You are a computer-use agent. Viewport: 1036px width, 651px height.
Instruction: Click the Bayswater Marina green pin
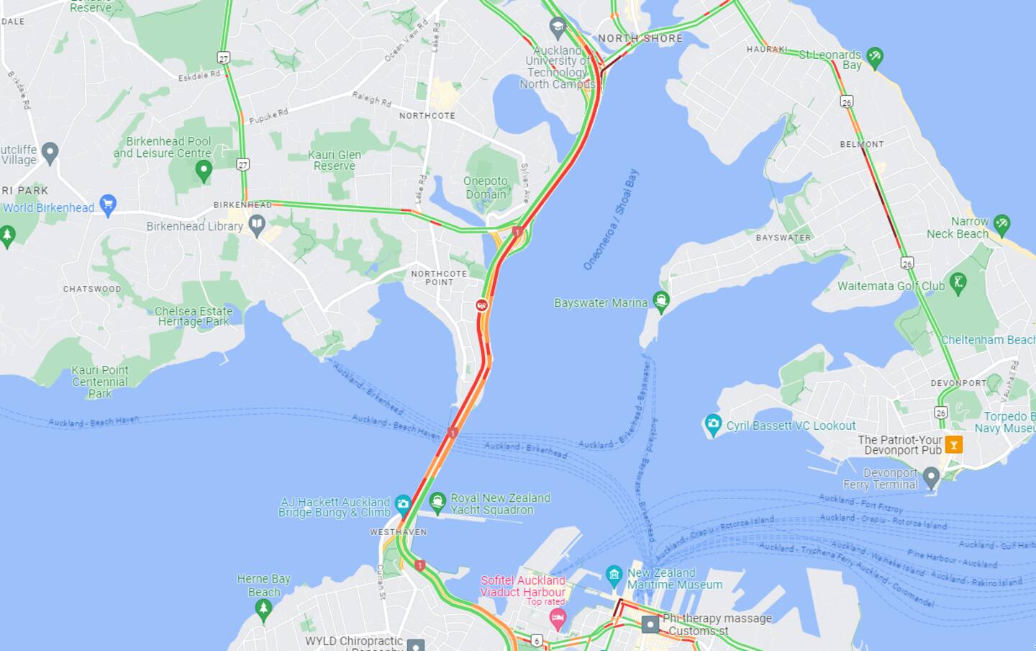tap(661, 300)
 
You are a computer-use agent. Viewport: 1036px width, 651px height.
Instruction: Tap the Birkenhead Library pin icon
tap(257, 225)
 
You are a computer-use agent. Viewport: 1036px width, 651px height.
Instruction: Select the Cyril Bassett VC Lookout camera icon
tap(712, 425)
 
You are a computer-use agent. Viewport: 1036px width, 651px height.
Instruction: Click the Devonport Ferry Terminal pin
tap(931, 476)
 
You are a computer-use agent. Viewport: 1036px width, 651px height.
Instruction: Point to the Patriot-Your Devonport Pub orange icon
tap(953, 444)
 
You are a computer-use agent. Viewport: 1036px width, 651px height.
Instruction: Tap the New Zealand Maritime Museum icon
tap(614, 574)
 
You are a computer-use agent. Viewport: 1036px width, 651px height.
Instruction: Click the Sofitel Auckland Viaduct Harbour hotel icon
tap(558, 616)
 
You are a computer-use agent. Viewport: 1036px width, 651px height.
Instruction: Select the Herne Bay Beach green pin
tap(263, 609)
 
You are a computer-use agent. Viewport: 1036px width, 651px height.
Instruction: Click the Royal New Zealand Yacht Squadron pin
tap(437, 501)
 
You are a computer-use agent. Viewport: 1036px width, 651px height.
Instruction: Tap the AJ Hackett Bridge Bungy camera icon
tap(403, 503)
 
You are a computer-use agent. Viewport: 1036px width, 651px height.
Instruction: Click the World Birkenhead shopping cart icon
tap(108, 205)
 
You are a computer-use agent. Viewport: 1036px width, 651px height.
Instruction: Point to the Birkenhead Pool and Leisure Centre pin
tap(204, 171)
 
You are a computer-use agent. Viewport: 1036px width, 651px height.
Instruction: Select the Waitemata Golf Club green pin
tap(958, 282)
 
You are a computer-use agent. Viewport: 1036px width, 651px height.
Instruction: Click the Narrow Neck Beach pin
tap(1001, 224)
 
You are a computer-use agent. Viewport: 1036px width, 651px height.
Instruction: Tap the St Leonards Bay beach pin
tap(875, 57)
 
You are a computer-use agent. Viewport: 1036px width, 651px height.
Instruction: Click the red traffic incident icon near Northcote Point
tap(481, 305)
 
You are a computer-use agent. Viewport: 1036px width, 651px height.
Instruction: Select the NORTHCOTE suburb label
tap(427, 115)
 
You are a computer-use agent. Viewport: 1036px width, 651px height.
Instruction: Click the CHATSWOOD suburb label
tap(92, 289)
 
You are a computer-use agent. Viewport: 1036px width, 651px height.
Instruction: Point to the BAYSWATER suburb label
tap(783, 237)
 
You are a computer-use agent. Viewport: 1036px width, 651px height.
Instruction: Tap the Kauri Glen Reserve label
tap(335, 160)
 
